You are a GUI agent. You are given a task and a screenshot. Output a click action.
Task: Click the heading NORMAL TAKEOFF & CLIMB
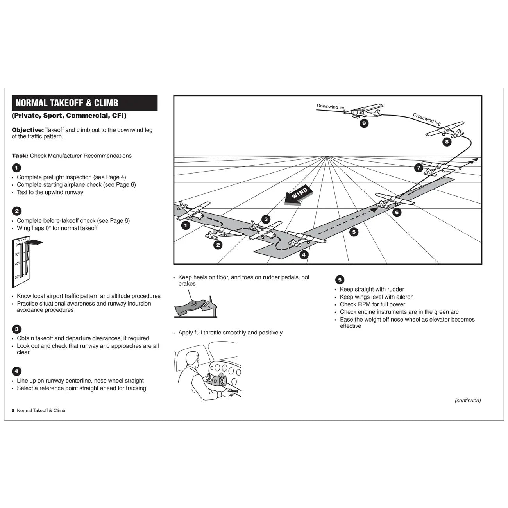pyautogui.click(x=67, y=103)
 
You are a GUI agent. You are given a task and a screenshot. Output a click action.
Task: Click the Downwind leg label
pyautogui.click(x=331, y=107)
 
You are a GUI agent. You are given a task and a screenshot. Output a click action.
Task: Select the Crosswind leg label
pyautogui.click(x=427, y=119)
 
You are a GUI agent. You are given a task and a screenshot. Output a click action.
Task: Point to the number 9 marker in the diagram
pyautogui.click(x=364, y=123)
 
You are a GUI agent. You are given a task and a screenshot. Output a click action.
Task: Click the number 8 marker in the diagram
pyautogui.click(x=447, y=142)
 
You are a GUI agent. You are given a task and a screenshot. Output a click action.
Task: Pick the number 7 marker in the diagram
pyautogui.click(x=419, y=168)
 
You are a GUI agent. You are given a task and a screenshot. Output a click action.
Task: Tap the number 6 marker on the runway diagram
pyautogui.click(x=397, y=213)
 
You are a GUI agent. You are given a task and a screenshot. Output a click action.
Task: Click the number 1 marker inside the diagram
pyautogui.click(x=186, y=225)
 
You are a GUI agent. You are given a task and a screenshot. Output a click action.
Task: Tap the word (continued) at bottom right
pyautogui.click(x=467, y=401)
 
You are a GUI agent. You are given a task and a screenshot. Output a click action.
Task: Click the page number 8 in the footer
pyautogui.click(x=13, y=411)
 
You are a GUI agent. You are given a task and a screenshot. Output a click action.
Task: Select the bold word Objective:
pyautogui.click(x=27, y=130)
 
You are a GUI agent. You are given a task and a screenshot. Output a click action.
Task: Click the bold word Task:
pyautogui.click(x=20, y=156)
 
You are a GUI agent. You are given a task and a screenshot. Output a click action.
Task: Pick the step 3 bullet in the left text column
pyautogui.click(x=16, y=329)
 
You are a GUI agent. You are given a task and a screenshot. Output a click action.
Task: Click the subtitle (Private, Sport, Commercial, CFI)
pyautogui.click(x=69, y=116)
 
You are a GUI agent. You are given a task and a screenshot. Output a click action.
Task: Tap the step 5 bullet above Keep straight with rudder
pyautogui.click(x=340, y=280)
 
